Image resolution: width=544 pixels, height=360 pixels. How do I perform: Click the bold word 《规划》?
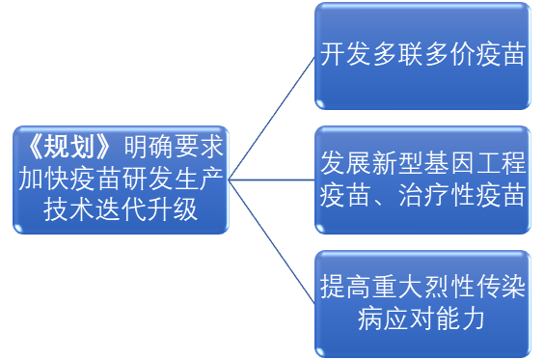pyautogui.click(x=69, y=148)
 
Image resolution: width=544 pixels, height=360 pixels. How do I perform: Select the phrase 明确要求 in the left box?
pyautogui.click(x=174, y=148)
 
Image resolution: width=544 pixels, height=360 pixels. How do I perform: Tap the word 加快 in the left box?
pyautogui.click(x=44, y=180)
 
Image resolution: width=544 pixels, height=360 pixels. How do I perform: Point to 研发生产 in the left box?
pyautogui.click(x=173, y=180)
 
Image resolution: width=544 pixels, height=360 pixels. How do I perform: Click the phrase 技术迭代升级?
pyautogui.click(x=121, y=210)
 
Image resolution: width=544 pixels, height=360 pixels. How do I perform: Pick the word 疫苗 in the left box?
pyautogui.click(x=95, y=180)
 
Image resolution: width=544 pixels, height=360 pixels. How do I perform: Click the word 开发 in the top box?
pyautogui.click(x=345, y=54)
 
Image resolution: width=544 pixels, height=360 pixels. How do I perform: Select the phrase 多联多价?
pyautogui.click(x=422, y=54)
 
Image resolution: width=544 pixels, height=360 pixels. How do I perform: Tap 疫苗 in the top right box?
pyautogui.click(x=500, y=54)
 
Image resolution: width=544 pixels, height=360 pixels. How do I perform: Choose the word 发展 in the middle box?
pyautogui.click(x=345, y=163)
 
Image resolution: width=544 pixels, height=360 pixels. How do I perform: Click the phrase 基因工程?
pyautogui.click(x=474, y=163)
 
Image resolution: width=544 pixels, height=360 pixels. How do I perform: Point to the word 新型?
pyautogui.click(x=396, y=163)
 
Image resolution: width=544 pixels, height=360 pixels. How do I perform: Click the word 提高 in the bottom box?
pyautogui.click(x=345, y=287)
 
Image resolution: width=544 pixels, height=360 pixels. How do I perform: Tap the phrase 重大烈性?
pyautogui.click(x=422, y=287)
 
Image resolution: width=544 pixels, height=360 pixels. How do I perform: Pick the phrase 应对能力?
pyautogui.click(x=448, y=318)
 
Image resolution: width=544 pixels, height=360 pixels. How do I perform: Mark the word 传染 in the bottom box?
pyautogui.click(x=500, y=287)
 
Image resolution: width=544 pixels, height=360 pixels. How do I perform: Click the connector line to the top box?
pyautogui.click(x=272, y=119)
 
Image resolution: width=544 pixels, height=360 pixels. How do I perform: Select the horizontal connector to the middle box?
pyautogui.click(x=272, y=180)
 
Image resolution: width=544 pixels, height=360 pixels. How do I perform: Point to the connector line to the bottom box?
pyautogui.click(x=272, y=241)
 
